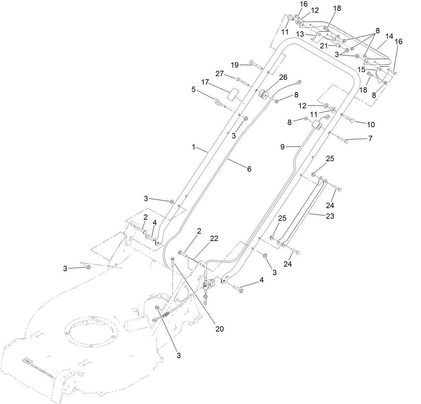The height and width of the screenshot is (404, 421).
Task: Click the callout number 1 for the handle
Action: pos(193,147)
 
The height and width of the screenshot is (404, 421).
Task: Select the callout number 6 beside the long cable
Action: pos(249,169)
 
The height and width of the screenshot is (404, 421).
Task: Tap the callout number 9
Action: pos(283,147)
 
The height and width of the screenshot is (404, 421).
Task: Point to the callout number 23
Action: pos(330,216)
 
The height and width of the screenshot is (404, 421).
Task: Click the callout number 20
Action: pos(219,329)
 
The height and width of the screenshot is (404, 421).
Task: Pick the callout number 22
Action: pos(214,238)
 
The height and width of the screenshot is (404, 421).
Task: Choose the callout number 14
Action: pos(389,36)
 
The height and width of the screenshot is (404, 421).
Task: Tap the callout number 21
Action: pos(324,46)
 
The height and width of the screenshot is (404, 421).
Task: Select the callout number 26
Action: pos(283,77)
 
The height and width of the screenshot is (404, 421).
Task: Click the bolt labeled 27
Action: pos(244,80)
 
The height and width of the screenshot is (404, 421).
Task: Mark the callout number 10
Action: pos(370,125)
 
